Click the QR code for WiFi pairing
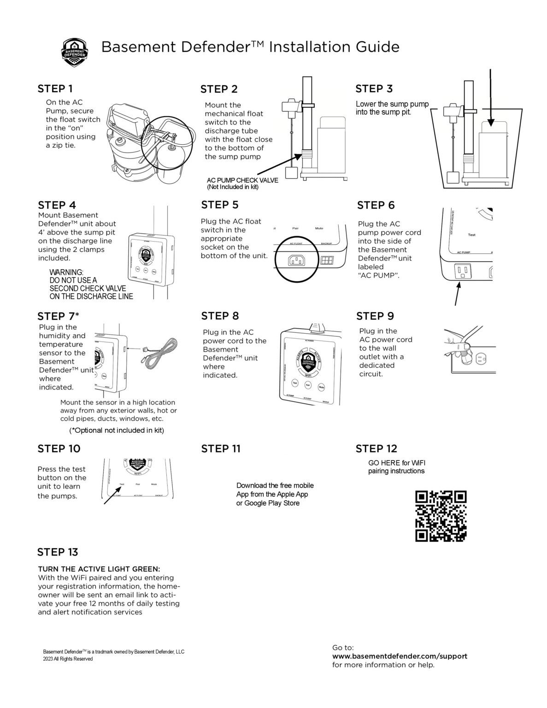tap(441, 516)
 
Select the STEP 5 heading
tap(220, 205)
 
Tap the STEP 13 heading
tap(58, 552)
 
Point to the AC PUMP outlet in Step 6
tap(462, 271)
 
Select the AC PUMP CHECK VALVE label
tap(242, 180)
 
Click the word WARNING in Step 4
tap(66, 272)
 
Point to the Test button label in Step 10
tap(122, 484)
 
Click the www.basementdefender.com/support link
tap(400, 656)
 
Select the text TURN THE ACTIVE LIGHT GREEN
tap(99, 569)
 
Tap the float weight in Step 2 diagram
tap(292, 172)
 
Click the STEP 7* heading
tap(58, 316)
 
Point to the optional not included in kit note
tap(117, 430)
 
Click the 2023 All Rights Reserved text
tap(68, 659)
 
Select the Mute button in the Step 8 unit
tap(321, 387)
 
